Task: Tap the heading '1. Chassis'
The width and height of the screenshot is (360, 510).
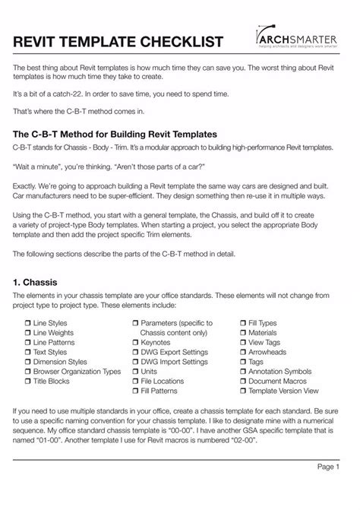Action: [38, 283]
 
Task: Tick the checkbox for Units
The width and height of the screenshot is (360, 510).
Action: [134, 372]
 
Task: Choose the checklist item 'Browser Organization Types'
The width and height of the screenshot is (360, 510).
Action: [77, 372]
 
